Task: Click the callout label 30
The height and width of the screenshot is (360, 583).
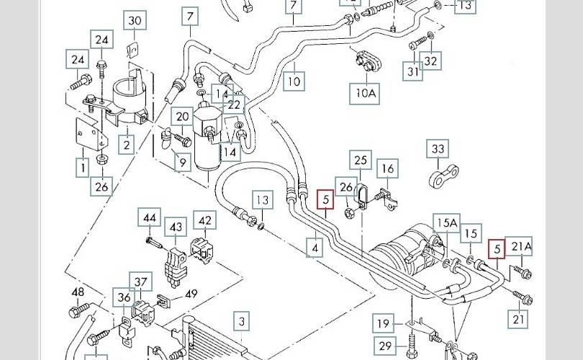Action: (x=135, y=21)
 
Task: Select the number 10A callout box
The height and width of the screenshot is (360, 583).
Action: (x=366, y=93)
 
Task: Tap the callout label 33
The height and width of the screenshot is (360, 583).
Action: (x=438, y=150)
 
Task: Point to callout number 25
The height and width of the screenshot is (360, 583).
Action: (x=361, y=160)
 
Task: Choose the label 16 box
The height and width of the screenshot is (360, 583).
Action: (x=387, y=169)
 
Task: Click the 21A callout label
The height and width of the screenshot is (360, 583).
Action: (x=521, y=248)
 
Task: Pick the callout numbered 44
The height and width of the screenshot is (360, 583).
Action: (x=150, y=218)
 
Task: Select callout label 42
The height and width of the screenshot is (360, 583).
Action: (x=206, y=220)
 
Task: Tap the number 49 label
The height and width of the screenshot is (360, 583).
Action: (x=191, y=293)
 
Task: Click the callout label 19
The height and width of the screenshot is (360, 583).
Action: (x=384, y=323)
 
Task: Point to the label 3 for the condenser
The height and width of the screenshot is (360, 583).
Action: (x=243, y=321)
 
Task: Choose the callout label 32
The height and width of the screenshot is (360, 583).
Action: (x=430, y=61)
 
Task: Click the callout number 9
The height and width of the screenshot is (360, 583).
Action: (x=182, y=163)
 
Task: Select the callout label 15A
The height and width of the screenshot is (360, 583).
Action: (x=446, y=223)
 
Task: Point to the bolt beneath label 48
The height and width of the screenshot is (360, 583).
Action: (x=76, y=312)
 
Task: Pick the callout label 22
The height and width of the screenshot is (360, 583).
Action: (x=235, y=105)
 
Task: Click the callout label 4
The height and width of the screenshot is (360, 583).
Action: (x=314, y=248)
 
